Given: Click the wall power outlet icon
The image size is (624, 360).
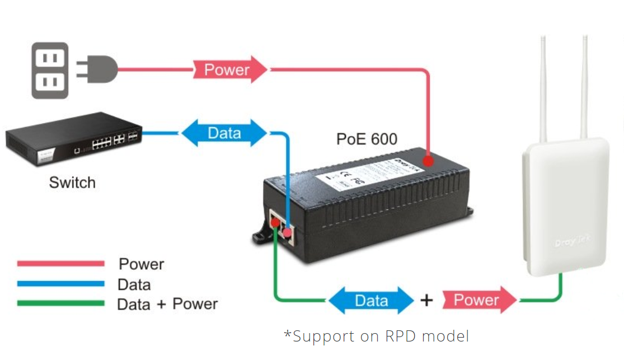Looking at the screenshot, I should pos(50,71).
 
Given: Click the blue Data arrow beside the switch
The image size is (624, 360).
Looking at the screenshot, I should pos(224,133).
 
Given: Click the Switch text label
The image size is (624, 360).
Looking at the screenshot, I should pos(72,183).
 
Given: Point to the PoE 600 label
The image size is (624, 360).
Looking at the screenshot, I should pos(367,139).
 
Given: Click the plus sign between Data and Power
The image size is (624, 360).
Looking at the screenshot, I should pos(426,301).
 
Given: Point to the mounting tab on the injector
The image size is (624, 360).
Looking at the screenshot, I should pos(260,235).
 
